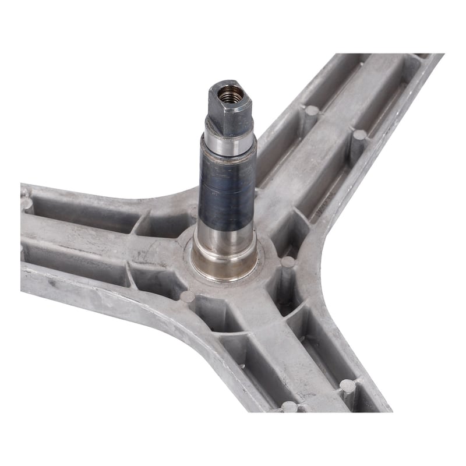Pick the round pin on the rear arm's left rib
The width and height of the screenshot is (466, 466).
[312, 111]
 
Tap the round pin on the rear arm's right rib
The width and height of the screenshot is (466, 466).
[359, 136]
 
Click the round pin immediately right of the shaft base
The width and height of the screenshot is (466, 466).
[287, 263]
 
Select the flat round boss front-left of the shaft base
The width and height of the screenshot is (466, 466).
[187, 296]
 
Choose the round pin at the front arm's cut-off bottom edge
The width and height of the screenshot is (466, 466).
[290, 407]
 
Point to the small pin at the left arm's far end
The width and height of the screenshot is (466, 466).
[26, 203]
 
